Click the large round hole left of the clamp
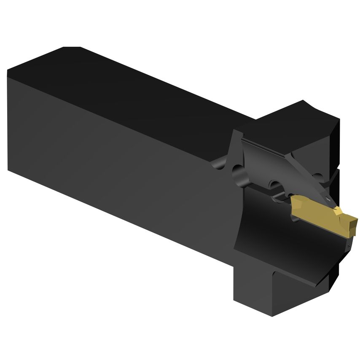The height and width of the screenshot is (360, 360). point(238,173)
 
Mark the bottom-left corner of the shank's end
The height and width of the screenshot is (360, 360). point(8,169)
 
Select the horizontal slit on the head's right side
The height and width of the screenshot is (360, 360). point(336,171)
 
